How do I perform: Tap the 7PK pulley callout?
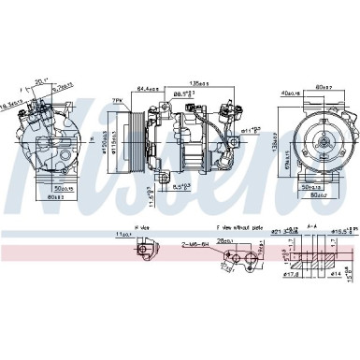coord(119,99)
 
